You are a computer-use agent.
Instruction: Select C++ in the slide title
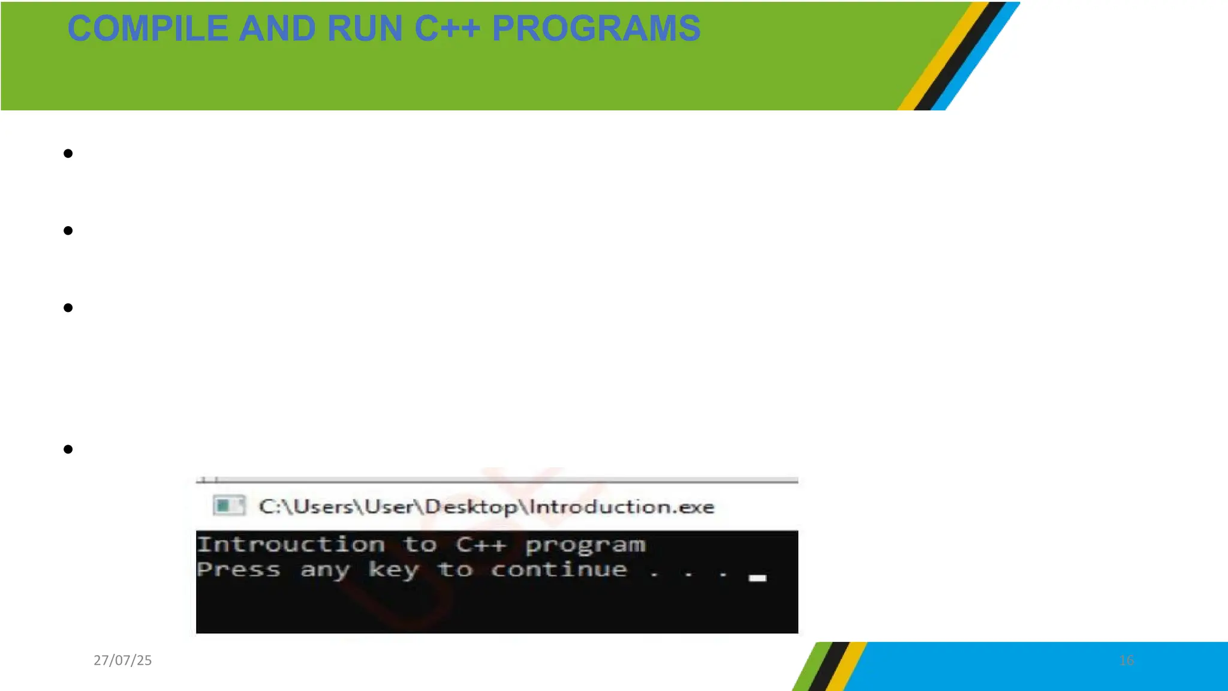pyautogui.click(x=447, y=29)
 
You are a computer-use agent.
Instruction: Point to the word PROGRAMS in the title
pyautogui.click(x=596, y=29)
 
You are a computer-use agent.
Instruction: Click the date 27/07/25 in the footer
pyautogui.click(x=122, y=660)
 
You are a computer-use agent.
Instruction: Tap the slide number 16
pyautogui.click(x=1126, y=660)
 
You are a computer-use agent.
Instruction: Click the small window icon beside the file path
pyautogui.click(x=228, y=506)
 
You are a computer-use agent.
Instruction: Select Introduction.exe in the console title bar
pyautogui.click(x=622, y=507)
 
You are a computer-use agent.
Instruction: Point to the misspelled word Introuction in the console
pyautogui.click(x=291, y=545)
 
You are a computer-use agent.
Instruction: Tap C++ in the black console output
pyautogui.click(x=481, y=545)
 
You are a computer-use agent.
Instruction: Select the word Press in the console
pyautogui.click(x=239, y=570)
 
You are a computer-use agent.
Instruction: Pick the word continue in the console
pyautogui.click(x=559, y=569)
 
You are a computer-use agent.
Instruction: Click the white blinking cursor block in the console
pyautogui.click(x=757, y=578)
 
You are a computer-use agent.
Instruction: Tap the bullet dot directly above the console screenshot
pyautogui.click(x=68, y=449)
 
